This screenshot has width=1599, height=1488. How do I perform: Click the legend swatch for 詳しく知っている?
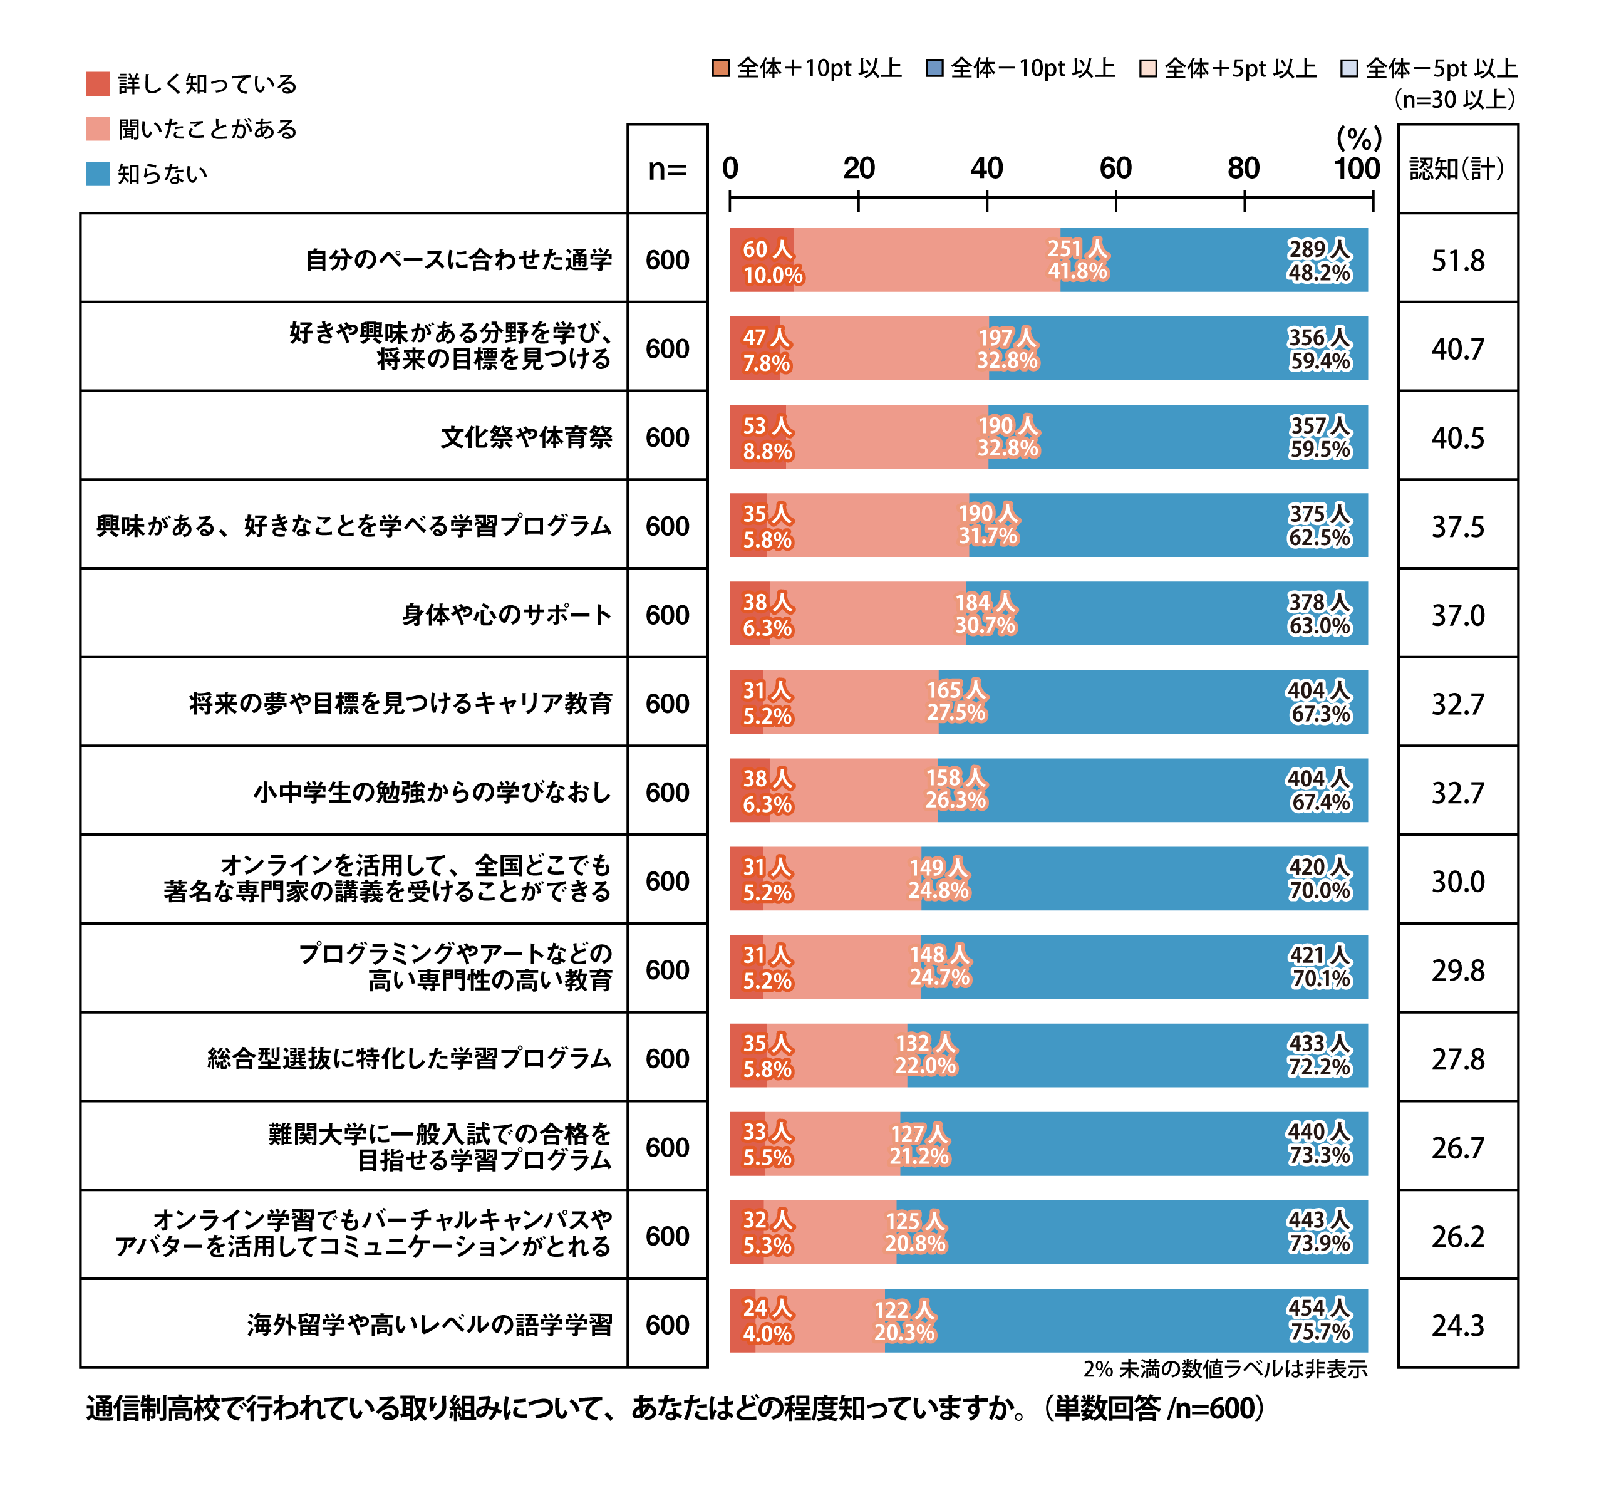[97, 84]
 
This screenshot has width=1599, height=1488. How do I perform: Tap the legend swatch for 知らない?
[97, 174]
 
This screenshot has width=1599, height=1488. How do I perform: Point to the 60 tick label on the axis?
[1115, 168]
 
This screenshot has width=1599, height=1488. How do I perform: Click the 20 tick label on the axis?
[858, 168]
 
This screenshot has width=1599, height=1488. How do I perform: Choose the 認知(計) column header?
[1457, 169]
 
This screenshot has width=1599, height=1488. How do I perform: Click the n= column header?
[667, 170]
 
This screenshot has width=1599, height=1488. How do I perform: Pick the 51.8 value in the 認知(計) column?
[1457, 261]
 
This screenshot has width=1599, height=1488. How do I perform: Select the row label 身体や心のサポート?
[507, 615]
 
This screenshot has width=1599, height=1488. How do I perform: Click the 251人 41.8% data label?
[1077, 260]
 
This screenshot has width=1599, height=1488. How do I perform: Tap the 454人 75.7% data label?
[1319, 1320]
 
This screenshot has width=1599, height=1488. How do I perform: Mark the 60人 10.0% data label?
[772, 261]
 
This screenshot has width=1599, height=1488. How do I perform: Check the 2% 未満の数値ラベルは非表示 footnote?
[1224, 1369]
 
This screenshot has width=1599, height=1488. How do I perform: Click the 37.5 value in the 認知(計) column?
[1457, 527]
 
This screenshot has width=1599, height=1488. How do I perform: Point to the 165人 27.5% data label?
[956, 701]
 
